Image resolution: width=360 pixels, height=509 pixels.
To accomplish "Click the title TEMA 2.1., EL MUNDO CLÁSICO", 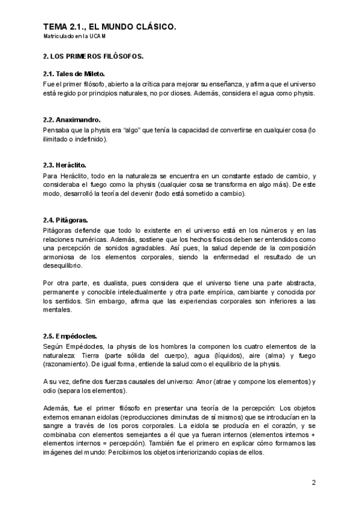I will click(x=110, y=27).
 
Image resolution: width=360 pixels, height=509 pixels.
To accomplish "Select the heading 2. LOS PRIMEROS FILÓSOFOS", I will click(x=93, y=56).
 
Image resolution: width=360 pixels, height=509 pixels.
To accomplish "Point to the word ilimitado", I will click(x=56, y=139).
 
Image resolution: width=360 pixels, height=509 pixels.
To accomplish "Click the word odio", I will click(x=50, y=391).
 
